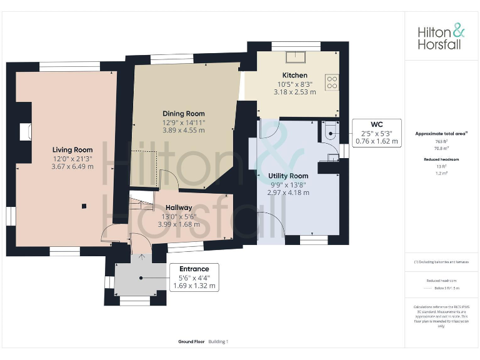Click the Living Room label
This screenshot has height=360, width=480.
click(72, 150)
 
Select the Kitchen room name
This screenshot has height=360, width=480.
click(295, 76)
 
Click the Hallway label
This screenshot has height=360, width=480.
click(179, 207)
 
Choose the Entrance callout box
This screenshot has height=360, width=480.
click(194, 277)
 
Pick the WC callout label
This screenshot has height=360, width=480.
click(376, 132)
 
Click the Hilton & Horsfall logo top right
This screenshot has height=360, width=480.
click(441, 37)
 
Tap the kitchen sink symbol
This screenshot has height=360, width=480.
click(294, 58)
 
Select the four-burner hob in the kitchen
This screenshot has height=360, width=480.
click(331, 82)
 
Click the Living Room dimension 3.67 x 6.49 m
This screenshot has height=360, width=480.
click(72, 166)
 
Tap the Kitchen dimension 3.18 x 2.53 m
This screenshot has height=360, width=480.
click(295, 92)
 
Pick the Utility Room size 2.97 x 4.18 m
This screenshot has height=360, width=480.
click(288, 192)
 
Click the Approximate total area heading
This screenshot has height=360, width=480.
click(441, 134)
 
